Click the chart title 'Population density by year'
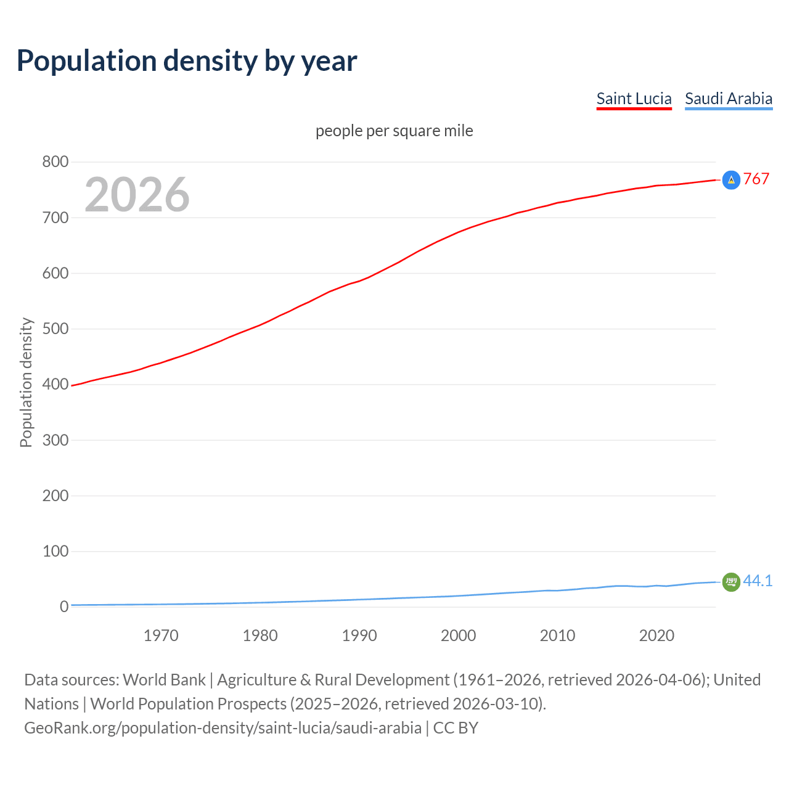coord(187,61)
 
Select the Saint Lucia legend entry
coord(634,99)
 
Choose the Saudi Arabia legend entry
coord(728,99)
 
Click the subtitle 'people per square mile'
coord(394,131)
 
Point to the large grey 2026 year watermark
coord(137,195)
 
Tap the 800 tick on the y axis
coord(55,162)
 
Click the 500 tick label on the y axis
coord(55,329)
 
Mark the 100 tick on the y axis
coord(55,551)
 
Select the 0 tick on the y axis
coord(64,607)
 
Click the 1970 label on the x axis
coord(161,636)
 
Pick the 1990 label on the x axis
coord(359,636)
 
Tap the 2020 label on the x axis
coord(656,636)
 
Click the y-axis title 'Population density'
coord(26,382)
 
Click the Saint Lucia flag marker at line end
coord(731,180)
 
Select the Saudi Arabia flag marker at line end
coord(731,581)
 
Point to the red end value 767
coord(756,179)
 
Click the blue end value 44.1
coord(758,581)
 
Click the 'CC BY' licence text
coord(456,728)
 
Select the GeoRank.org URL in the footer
coord(223,728)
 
